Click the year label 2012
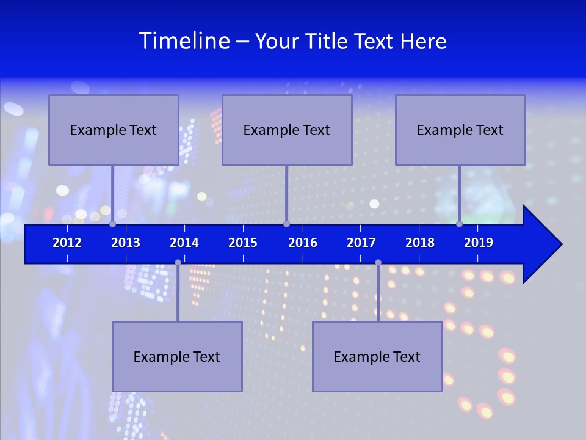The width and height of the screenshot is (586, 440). click(x=67, y=243)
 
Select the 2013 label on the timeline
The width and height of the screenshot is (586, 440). click(x=126, y=243)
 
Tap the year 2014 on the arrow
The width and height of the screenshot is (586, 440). click(x=184, y=243)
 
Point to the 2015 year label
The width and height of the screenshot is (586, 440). click(x=243, y=243)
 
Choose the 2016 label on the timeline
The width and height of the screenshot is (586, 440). click(x=303, y=243)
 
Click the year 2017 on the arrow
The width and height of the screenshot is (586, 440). click(x=361, y=243)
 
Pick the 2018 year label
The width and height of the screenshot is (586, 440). click(x=420, y=243)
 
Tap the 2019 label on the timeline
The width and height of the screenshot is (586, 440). click(x=479, y=243)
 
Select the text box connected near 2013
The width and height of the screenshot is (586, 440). click(x=114, y=130)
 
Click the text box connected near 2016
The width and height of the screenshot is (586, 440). click(x=287, y=130)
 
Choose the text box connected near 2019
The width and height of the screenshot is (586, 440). click(x=460, y=130)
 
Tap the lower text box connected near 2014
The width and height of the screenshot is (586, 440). click(x=177, y=356)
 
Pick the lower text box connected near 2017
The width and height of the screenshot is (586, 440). click(x=377, y=356)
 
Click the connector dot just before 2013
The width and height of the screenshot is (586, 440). click(x=113, y=224)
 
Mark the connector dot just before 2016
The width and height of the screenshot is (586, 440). click(x=286, y=224)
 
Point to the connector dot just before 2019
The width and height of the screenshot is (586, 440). click(x=459, y=224)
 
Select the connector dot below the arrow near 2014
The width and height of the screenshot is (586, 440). click(x=178, y=262)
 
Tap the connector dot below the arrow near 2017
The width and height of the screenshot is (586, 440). click(x=378, y=262)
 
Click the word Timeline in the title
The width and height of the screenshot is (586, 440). click(x=184, y=41)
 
